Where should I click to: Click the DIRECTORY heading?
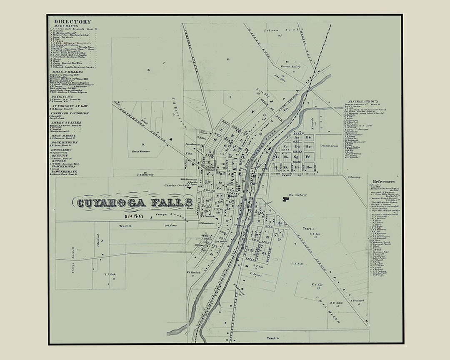coord(72,22)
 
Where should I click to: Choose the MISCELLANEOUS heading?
coord(361,101)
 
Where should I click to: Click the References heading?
coord(384,181)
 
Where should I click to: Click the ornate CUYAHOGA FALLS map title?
coord(133,203)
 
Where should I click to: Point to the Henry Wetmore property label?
coord(141,151)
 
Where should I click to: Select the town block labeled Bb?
coord(309,137)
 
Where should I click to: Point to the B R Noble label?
coord(336,303)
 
